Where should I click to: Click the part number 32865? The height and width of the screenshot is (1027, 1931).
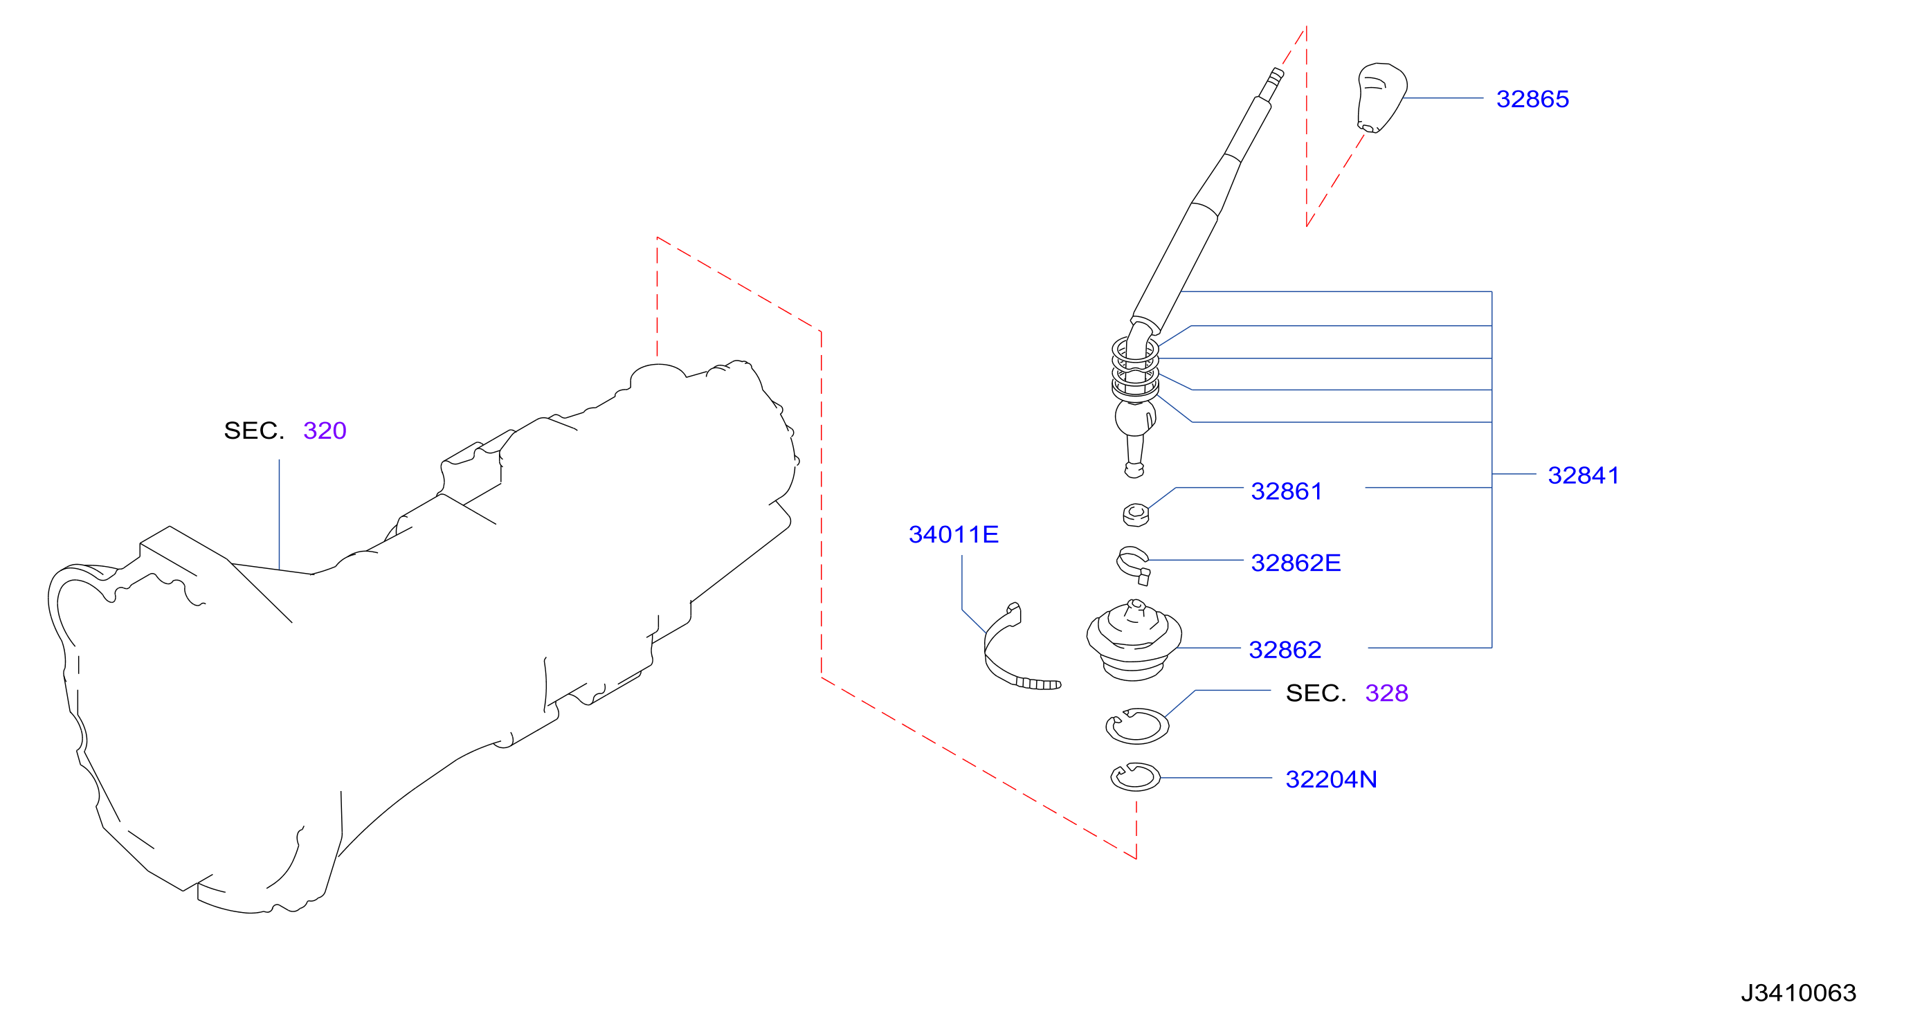[1532, 99]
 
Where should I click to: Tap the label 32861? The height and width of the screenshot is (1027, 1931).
[1287, 491]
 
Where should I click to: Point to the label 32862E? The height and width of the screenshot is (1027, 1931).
[1296, 563]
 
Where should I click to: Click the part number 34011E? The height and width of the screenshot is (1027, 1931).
[954, 534]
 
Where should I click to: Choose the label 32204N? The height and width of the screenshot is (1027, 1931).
[1332, 780]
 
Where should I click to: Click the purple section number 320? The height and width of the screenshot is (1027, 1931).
[325, 430]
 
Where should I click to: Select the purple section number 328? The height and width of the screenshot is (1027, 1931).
[1386, 693]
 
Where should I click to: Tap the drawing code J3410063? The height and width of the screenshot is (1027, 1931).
[1798, 992]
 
